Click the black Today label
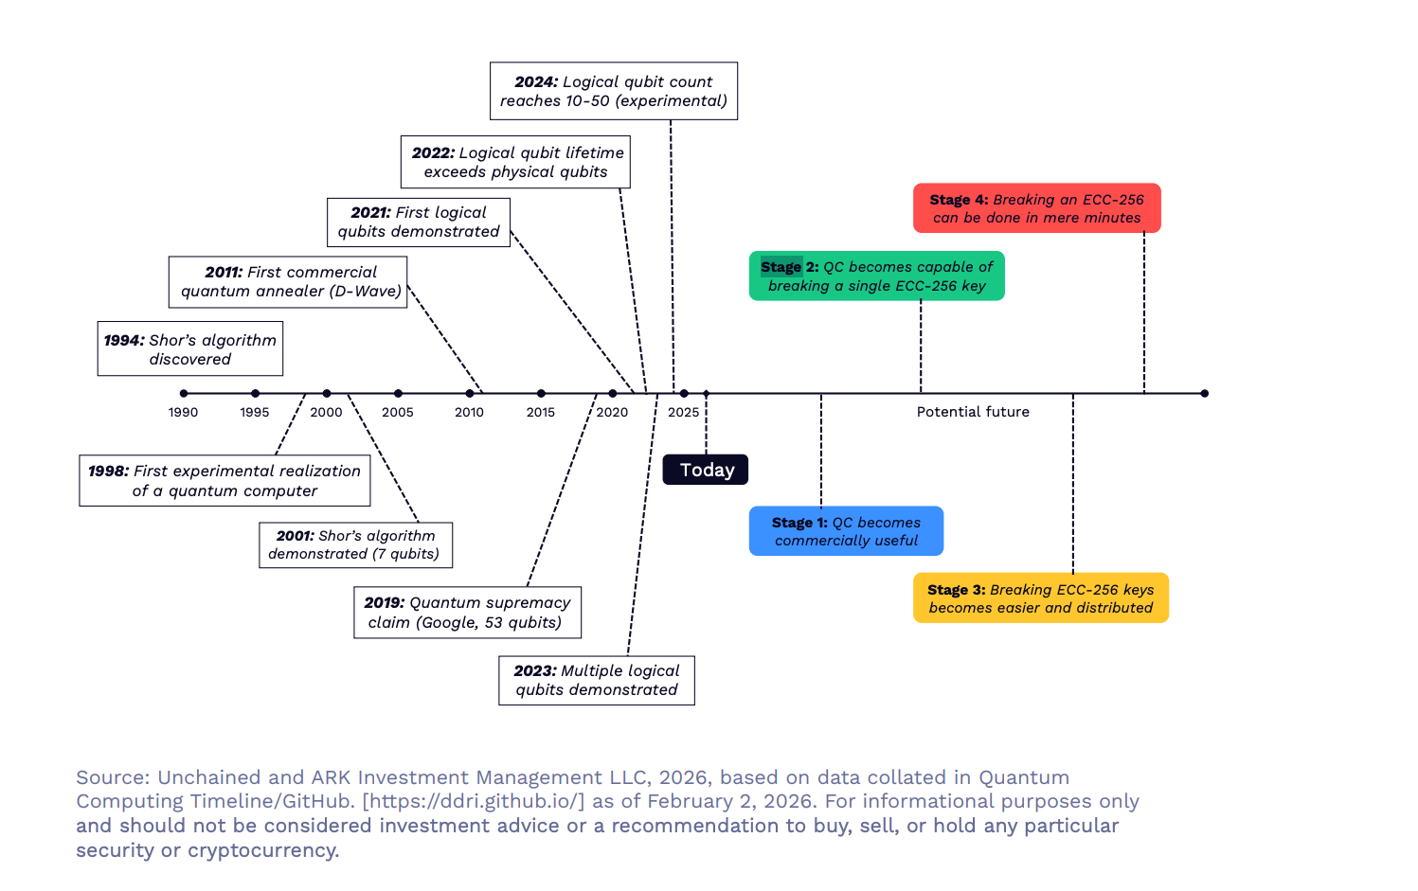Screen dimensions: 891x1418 pyautogui.click(x=706, y=470)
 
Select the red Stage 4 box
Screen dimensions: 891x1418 pyautogui.click(x=1036, y=208)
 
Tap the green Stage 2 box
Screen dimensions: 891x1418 pyautogui.click(x=876, y=276)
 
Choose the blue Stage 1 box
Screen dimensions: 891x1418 pyautogui.click(x=846, y=531)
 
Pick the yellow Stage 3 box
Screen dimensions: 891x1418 pyautogui.click(x=1040, y=598)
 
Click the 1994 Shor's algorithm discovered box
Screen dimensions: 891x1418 pyautogui.click(x=189, y=349)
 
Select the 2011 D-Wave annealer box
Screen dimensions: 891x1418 pyautogui.click(x=288, y=282)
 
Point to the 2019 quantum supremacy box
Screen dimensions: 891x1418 pyautogui.click(x=467, y=613)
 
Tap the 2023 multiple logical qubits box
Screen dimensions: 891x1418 pyautogui.click(x=597, y=681)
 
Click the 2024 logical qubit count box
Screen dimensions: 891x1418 pyautogui.click(x=613, y=91)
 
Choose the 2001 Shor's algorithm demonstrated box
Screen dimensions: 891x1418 pyautogui.click(x=355, y=545)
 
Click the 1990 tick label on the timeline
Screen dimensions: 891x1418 pyautogui.click(x=184, y=412)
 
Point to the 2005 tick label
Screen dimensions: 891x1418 pyautogui.click(x=398, y=412)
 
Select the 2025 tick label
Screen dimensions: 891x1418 pyautogui.click(x=683, y=412)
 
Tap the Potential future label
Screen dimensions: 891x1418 pyautogui.click(x=973, y=412)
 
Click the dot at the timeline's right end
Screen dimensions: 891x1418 pyautogui.click(x=1204, y=393)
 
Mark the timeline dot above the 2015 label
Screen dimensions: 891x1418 pyautogui.click(x=541, y=393)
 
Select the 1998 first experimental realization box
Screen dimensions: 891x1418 pyautogui.click(x=224, y=481)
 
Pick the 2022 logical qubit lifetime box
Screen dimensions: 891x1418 pyautogui.click(x=515, y=162)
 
